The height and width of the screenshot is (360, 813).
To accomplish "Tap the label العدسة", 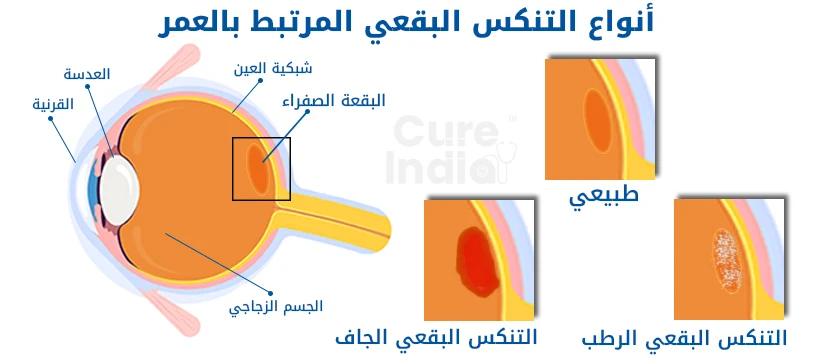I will point(87,75).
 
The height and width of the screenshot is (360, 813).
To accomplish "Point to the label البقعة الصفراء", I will point(349,100).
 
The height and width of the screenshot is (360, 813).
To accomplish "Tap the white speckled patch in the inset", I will point(723,259).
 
